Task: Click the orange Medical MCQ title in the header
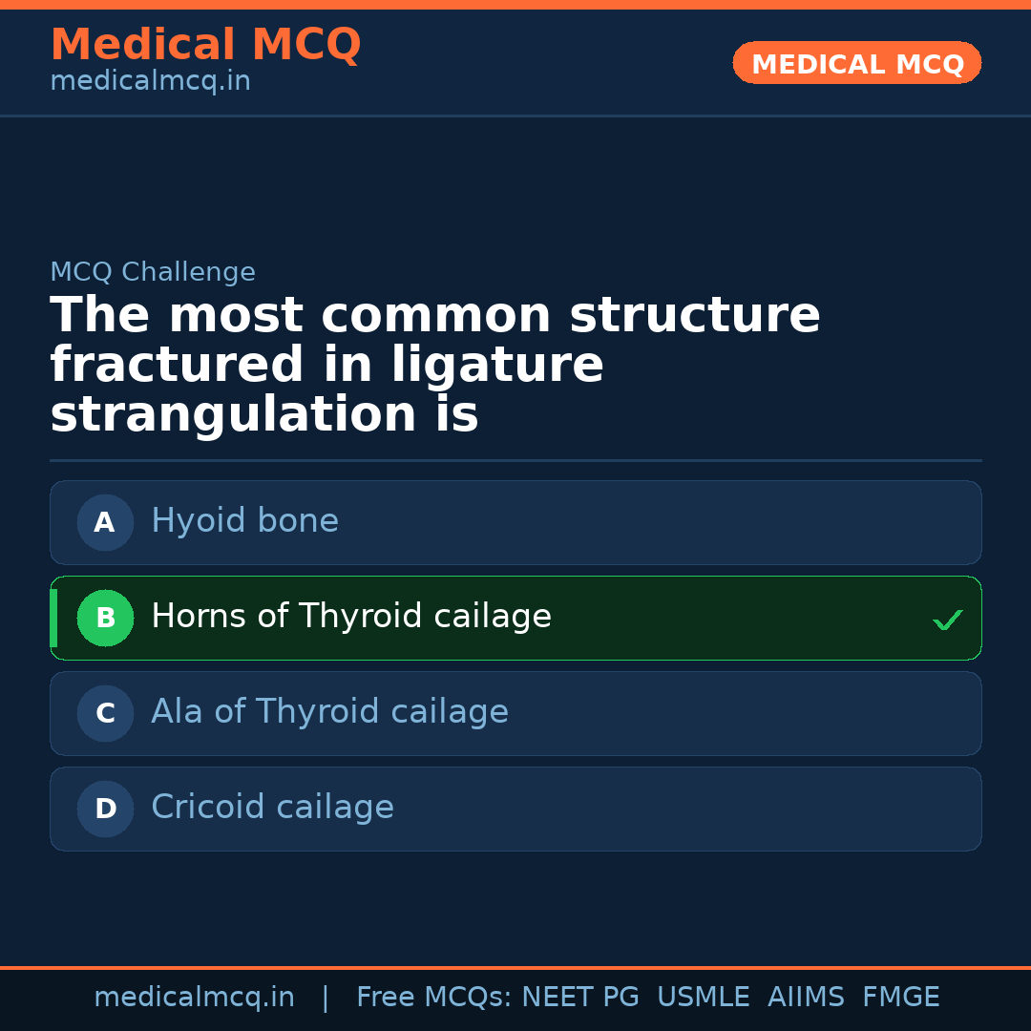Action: pyautogui.click(x=205, y=45)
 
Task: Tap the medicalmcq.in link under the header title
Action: pyautogui.click(x=150, y=82)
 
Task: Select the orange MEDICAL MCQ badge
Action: pyautogui.click(x=856, y=64)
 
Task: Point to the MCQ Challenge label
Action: pyautogui.click(x=153, y=272)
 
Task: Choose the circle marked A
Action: pyautogui.click(x=105, y=522)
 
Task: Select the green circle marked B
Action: pyautogui.click(x=105, y=618)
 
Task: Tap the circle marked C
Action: pyautogui.click(x=105, y=713)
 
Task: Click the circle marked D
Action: pyautogui.click(x=105, y=809)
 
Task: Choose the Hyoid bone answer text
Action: pyautogui.click(x=244, y=521)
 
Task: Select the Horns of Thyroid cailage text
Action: pyautogui.click(x=351, y=617)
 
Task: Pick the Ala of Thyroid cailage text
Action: pyautogui.click(x=329, y=712)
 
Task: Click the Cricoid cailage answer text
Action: pyautogui.click(x=272, y=808)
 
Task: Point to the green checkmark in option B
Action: pyautogui.click(x=947, y=621)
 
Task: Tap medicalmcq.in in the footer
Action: pyautogui.click(x=194, y=998)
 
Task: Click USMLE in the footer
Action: pyautogui.click(x=703, y=998)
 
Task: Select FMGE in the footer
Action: pyautogui.click(x=900, y=998)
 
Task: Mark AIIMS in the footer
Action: pyautogui.click(x=806, y=998)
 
